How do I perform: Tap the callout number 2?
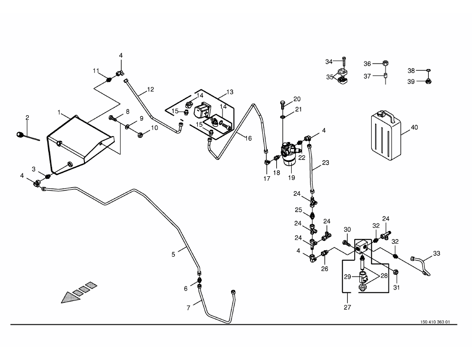click(27, 118)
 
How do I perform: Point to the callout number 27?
click(347, 307)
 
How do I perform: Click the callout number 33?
click(436, 254)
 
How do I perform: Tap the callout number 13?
click(230, 92)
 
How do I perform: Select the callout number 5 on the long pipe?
click(173, 254)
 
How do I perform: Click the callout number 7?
click(188, 308)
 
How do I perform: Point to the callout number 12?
click(151, 89)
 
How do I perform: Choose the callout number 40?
click(414, 128)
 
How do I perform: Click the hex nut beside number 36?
click(386, 64)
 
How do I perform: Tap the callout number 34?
click(328, 62)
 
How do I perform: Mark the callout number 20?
click(297, 98)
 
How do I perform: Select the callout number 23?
click(325, 162)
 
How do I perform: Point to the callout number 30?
click(347, 229)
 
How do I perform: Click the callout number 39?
click(411, 81)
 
